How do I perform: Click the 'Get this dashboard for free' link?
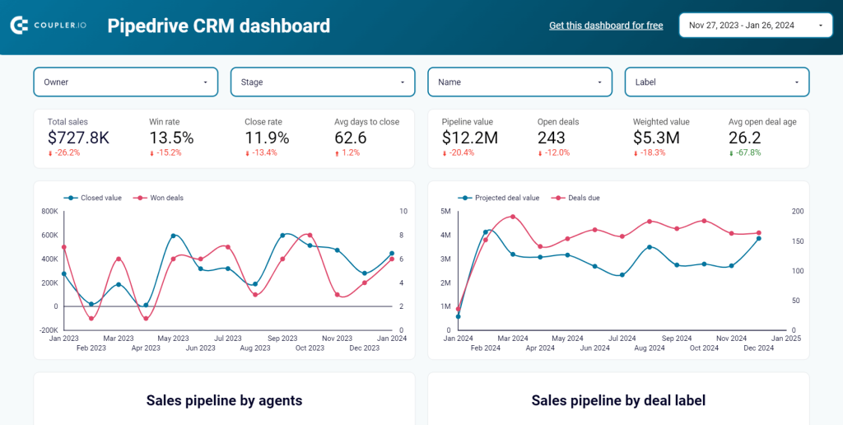606,26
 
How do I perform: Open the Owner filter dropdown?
125,82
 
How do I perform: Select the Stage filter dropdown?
323,82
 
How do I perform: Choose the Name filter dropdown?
519,82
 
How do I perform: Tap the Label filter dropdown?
716,82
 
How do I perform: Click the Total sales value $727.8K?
78,138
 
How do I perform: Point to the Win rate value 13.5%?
171,138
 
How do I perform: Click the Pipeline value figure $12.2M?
470,138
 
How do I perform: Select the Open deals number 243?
552,138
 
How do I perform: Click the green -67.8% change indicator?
748,153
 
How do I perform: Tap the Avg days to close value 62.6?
351,138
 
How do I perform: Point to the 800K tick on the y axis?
49,212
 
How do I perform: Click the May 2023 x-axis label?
174,339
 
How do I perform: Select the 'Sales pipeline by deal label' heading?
618,401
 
